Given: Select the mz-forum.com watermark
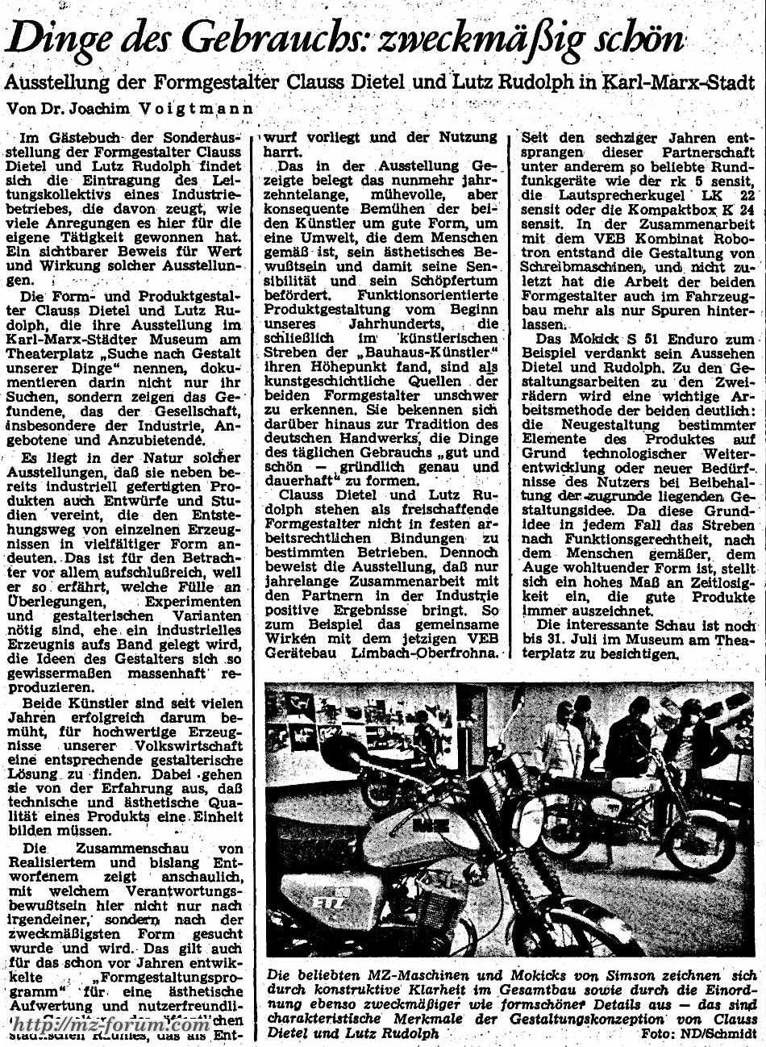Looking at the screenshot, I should (113, 1025).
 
